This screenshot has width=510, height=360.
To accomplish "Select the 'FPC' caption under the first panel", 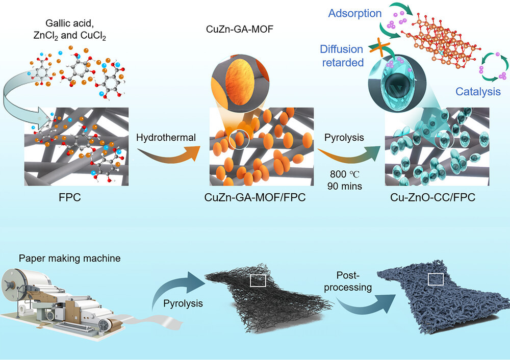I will pos(70,198).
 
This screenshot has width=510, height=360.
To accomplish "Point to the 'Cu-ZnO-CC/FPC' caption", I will pos(440,198).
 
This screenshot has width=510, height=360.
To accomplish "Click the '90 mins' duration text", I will pos(343,186).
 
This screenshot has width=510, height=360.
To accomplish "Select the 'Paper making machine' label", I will pos(70,259).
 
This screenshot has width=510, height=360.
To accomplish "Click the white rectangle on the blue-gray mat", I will pos(435,278).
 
